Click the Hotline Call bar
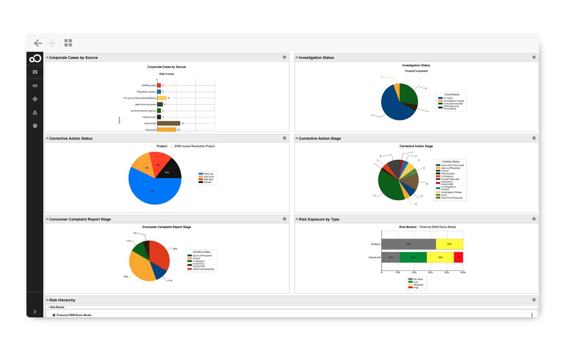[168, 123]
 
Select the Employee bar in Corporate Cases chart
[166, 130]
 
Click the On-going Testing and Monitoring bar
[162, 98]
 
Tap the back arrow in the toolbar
[38, 43]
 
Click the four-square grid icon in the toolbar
[68, 43]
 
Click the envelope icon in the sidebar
[35, 72]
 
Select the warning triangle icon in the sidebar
[35, 112]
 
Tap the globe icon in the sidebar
[35, 126]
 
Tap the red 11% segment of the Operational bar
[458, 257]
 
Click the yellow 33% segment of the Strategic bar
[449, 244]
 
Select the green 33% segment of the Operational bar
[413, 257]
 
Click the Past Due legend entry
[208, 179]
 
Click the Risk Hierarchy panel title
[62, 300]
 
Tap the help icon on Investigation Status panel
[534, 57]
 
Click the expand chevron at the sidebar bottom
[35, 311]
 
